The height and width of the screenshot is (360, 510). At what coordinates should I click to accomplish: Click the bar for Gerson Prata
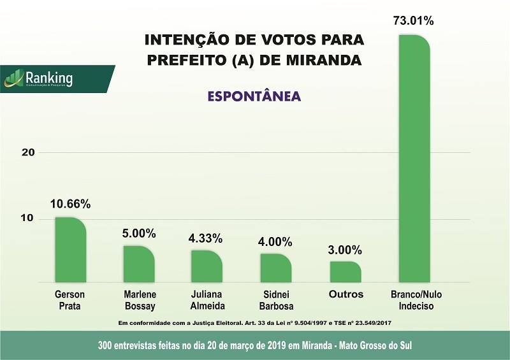tap(70, 250)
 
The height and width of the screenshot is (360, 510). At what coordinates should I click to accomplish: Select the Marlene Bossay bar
tap(139, 264)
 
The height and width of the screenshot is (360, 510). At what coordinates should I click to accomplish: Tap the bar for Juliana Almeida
tap(207, 266)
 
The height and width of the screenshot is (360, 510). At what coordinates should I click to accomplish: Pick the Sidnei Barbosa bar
tap(276, 268)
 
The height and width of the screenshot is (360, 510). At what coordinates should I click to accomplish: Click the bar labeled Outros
tap(346, 271)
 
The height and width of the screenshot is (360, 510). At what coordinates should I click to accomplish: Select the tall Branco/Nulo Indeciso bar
tap(414, 159)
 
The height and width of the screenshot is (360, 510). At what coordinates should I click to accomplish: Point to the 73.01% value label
tap(414, 21)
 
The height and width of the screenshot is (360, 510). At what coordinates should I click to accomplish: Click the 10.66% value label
tap(70, 205)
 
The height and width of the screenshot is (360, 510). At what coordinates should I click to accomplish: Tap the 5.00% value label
tap(139, 233)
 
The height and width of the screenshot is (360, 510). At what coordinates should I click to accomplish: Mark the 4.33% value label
tap(205, 238)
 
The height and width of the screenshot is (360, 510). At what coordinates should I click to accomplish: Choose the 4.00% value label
tap(275, 242)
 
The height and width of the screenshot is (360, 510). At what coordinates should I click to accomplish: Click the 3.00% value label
tap(345, 249)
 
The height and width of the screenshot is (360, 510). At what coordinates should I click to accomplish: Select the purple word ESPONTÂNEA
tap(254, 97)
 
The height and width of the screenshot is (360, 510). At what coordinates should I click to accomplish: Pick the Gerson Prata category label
tap(69, 300)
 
